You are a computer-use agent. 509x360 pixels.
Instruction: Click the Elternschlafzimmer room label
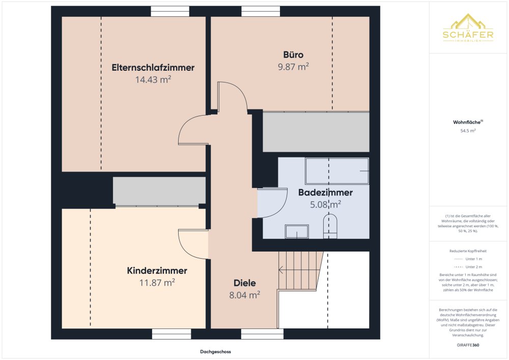tap(153, 68)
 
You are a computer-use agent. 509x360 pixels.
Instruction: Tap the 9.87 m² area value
tap(293, 67)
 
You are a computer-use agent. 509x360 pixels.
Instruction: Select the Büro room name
tap(293, 54)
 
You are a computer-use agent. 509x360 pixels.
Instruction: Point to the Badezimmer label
tap(325, 192)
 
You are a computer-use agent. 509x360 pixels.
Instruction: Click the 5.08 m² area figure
tap(325, 204)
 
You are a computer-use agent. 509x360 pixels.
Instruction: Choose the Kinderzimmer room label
tap(157, 271)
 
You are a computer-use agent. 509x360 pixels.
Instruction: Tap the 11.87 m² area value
tap(157, 283)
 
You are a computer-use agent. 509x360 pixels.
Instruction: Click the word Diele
tap(245, 283)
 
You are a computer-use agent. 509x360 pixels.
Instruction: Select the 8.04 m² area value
tap(245, 295)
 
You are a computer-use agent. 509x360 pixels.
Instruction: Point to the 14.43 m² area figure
tap(153, 79)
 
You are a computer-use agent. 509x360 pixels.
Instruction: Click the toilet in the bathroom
tap(330, 226)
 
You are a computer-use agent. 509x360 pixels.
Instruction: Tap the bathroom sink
tap(297, 232)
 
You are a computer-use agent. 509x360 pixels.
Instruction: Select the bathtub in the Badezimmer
tap(337, 171)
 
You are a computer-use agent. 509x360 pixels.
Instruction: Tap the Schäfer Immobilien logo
tap(468, 28)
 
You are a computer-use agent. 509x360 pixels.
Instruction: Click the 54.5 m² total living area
tap(468, 131)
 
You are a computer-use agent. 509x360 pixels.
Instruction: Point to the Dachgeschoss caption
tap(215, 351)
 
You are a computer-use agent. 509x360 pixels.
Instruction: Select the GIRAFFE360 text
tap(468, 345)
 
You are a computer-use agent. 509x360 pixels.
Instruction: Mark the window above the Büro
tap(261, 11)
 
